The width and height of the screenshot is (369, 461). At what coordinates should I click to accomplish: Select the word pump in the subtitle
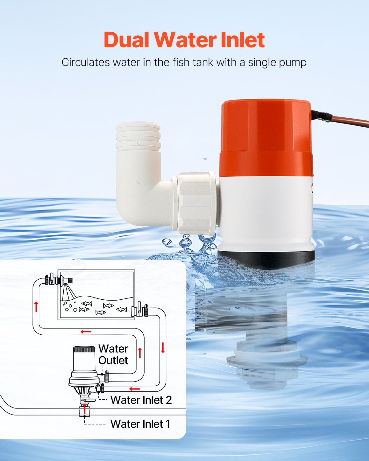tap(292, 62)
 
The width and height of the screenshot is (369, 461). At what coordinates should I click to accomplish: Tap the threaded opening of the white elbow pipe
tap(138, 135)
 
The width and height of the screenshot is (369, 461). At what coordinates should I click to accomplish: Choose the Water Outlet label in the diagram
tap(113, 354)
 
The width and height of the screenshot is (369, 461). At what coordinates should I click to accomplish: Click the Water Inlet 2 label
tap(141, 400)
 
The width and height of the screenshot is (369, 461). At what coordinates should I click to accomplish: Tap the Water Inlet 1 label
tap(140, 424)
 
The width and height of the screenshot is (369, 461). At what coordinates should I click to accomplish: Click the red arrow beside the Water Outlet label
tap(140, 353)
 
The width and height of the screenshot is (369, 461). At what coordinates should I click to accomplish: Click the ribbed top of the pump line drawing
tap(84, 350)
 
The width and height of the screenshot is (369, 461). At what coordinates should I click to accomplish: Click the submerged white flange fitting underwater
tap(267, 360)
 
